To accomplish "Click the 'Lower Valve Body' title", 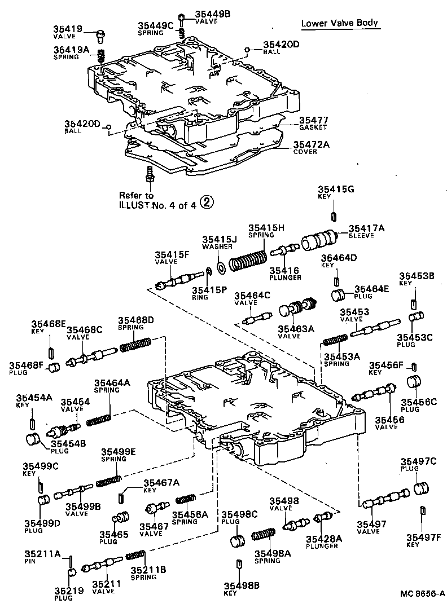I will [x=339, y=23].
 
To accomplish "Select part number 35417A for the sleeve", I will [x=366, y=228].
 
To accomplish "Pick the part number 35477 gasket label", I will [x=313, y=120].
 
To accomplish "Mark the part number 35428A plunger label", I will [x=322, y=539].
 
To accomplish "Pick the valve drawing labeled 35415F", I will [x=179, y=280].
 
